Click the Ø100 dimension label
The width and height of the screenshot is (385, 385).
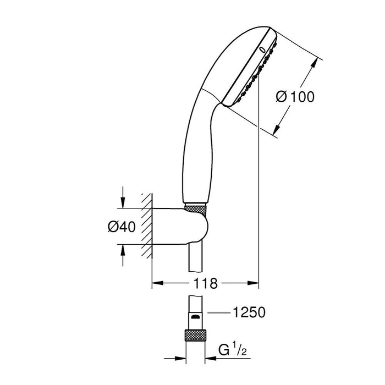(295, 97)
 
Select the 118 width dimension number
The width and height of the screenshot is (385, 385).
(205, 284)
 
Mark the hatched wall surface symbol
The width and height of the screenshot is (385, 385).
(145, 226)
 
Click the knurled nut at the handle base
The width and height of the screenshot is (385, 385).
(196, 208)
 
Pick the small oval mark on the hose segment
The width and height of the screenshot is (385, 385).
(195, 317)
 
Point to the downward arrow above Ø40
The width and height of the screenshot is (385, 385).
(123, 204)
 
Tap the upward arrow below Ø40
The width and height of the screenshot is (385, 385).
(123, 249)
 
